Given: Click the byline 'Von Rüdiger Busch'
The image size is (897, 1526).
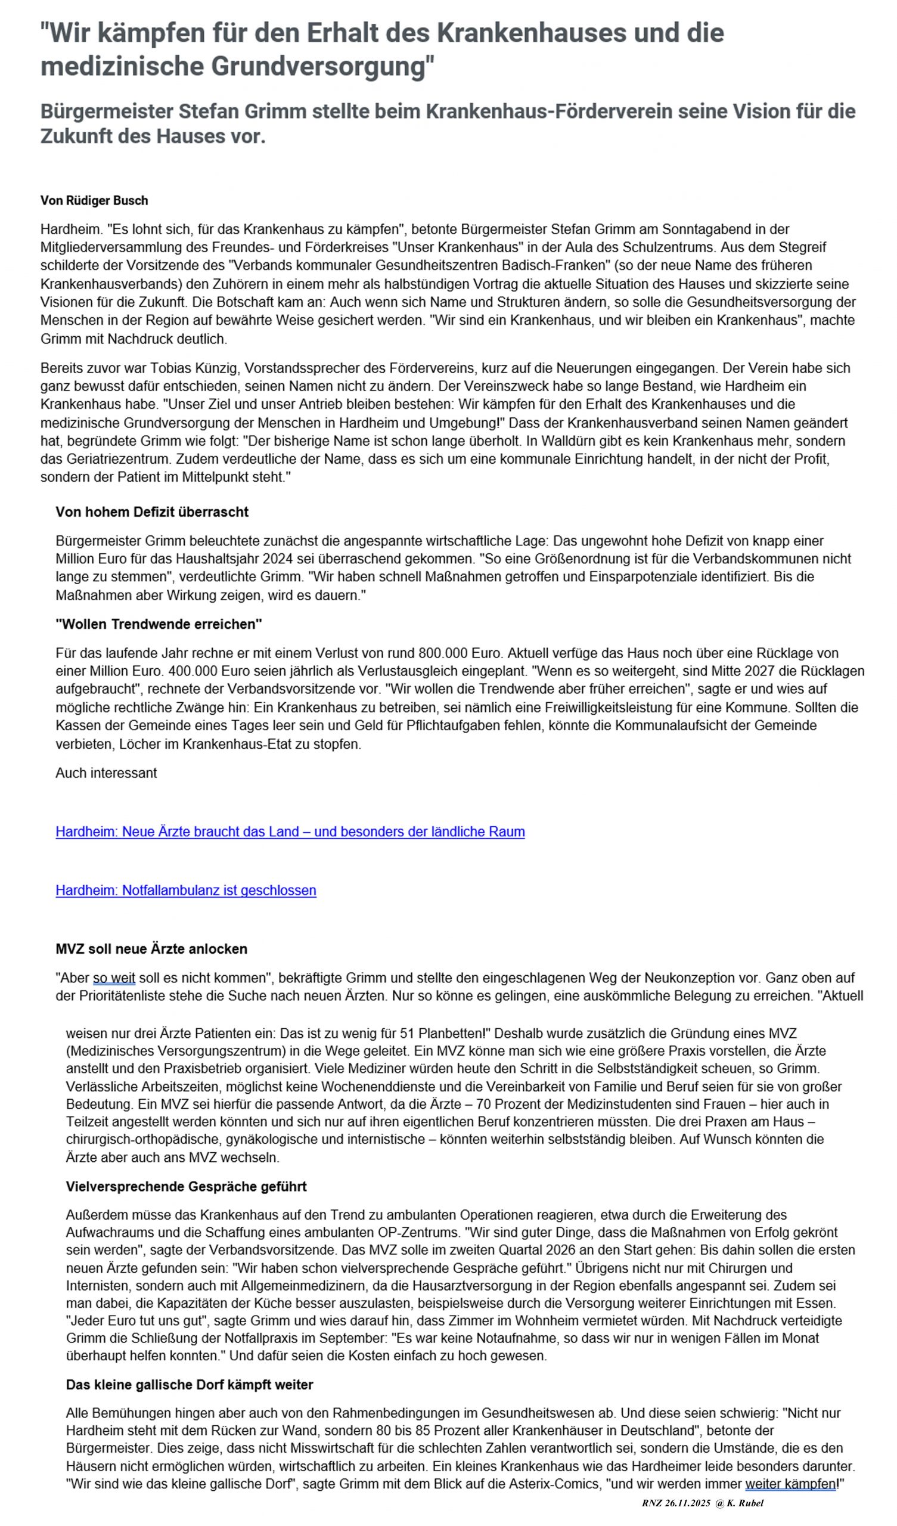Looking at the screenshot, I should coord(94,200).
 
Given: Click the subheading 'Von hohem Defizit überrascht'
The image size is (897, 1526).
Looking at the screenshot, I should coord(152,511).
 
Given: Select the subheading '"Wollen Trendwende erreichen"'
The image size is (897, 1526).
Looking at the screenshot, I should coord(159,624).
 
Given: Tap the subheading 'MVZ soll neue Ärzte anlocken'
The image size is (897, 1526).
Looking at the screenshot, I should coord(151,948).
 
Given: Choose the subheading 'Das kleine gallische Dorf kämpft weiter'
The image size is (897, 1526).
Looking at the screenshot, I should coord(189,1384).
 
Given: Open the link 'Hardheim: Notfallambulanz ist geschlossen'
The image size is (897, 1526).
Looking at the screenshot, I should coord(185,890).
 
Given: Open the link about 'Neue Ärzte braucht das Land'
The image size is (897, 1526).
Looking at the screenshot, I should coord(290,832).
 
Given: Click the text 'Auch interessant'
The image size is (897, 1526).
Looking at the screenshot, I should coord(106,773).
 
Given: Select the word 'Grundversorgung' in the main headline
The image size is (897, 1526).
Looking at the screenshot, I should coord(322,66).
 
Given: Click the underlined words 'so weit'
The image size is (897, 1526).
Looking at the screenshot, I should coord(114,978).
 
